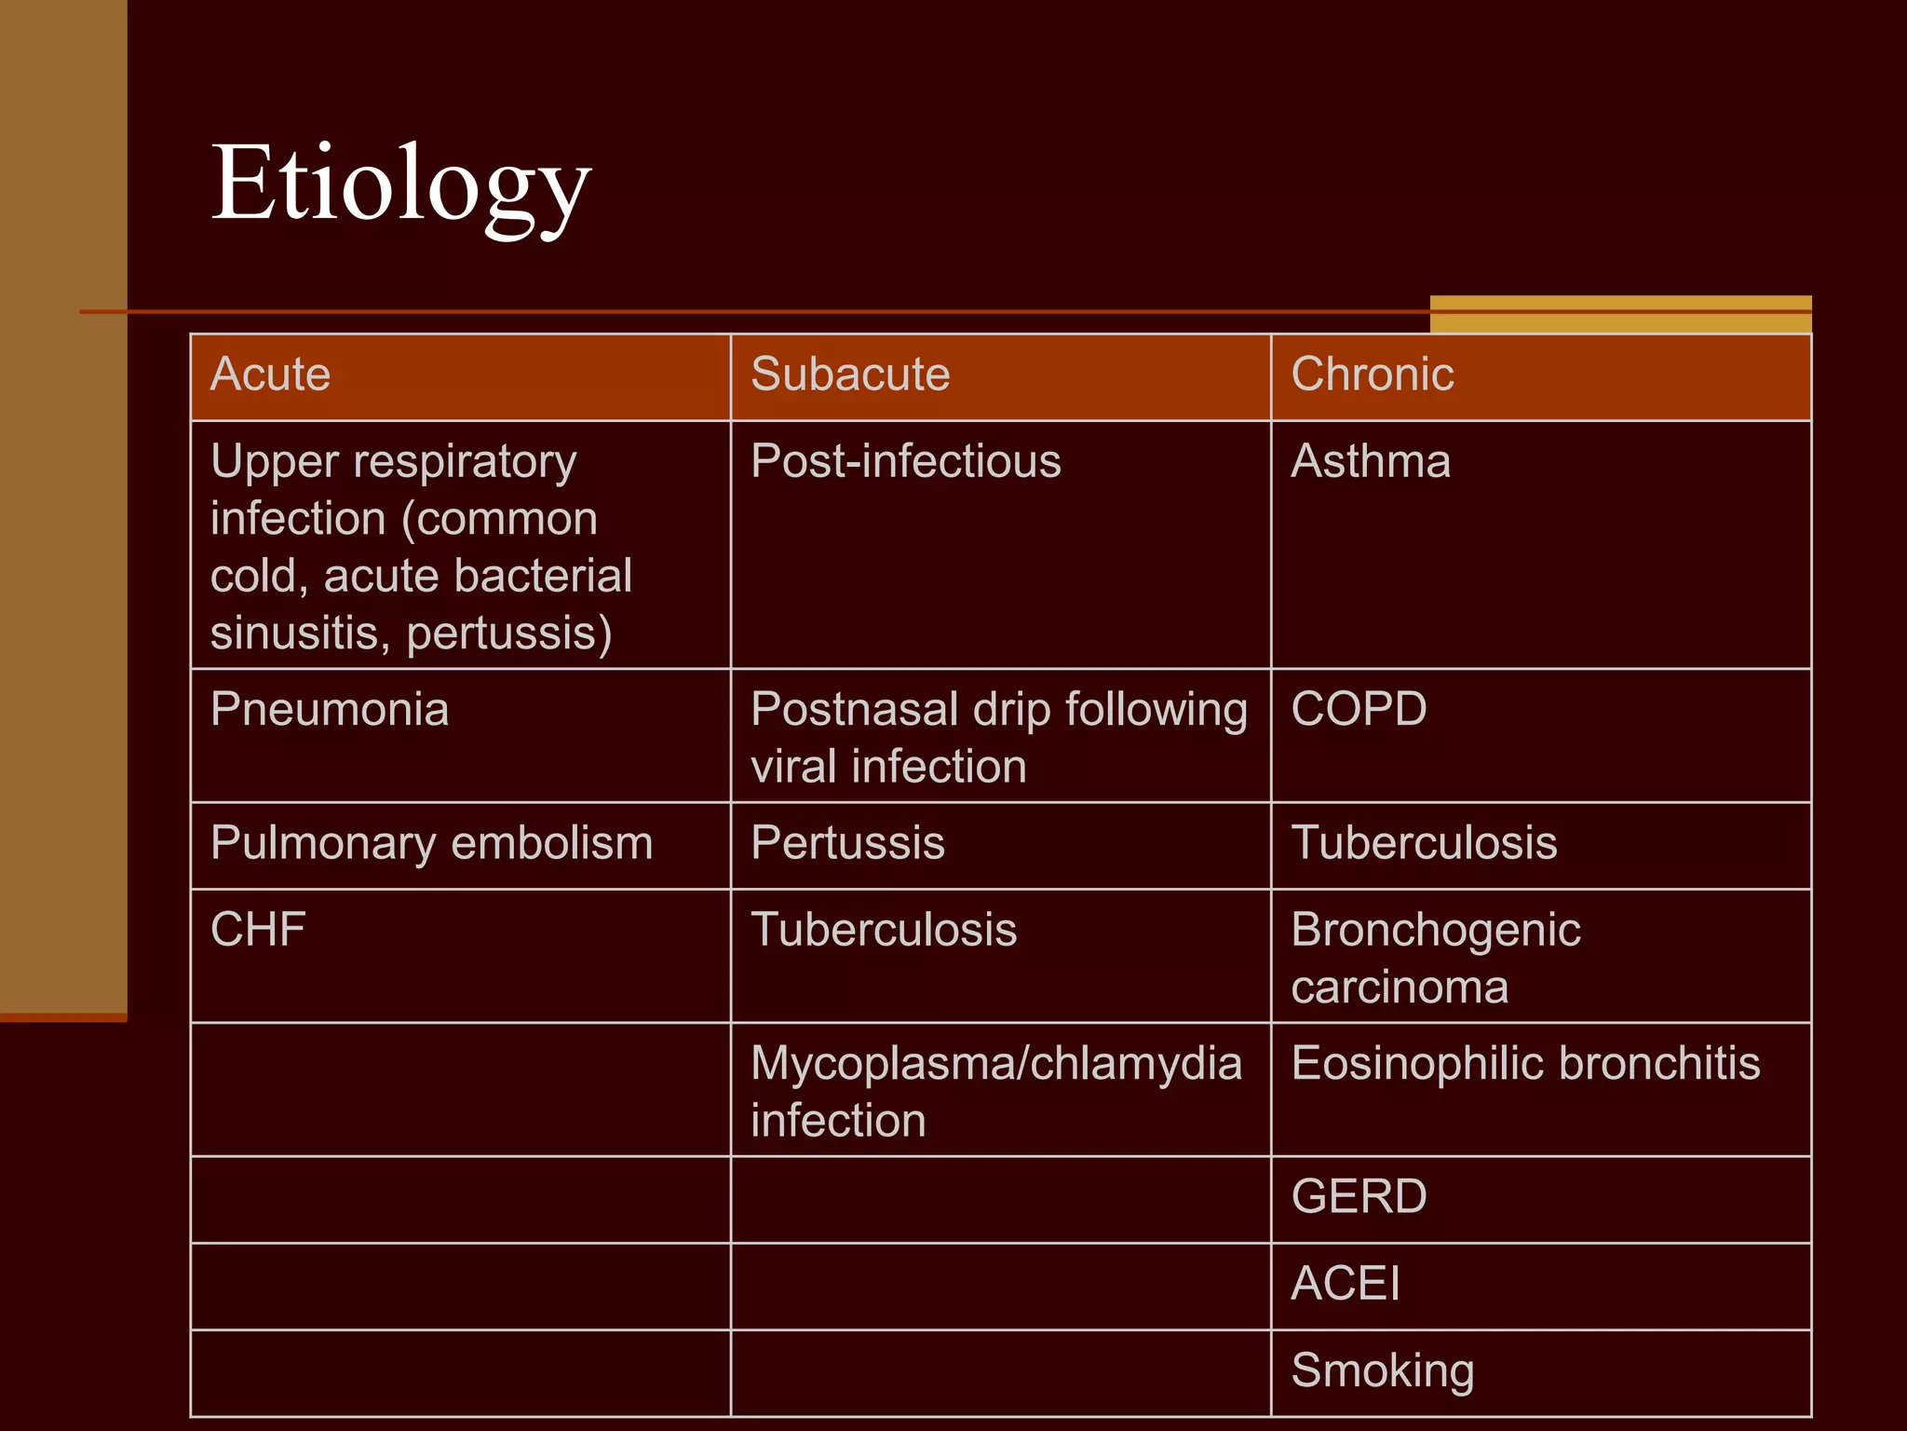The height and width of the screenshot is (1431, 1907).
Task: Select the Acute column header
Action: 270,375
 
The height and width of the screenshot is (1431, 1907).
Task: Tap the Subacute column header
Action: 850,375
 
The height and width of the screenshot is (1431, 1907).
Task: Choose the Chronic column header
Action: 1372,375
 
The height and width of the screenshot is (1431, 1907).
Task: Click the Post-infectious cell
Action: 905,461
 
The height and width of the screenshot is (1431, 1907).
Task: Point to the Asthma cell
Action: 1370,461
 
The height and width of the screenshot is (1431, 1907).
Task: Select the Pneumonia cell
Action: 330,709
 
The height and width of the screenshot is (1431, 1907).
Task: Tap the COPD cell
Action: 1359,709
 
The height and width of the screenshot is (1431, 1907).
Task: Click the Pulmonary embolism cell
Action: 431,843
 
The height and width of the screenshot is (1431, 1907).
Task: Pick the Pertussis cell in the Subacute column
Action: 847,843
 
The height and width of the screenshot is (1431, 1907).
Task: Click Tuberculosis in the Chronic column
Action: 1424,843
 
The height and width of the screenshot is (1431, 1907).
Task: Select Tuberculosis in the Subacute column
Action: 884,930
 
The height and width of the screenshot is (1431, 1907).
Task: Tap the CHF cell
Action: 258,930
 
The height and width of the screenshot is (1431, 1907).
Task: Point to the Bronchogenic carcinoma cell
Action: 1435,958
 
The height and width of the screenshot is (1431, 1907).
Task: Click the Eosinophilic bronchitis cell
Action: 1525,1063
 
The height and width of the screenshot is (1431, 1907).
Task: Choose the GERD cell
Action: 1359,1197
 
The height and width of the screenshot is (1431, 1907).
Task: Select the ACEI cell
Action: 1345,1284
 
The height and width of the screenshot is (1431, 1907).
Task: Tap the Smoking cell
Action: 1382,1370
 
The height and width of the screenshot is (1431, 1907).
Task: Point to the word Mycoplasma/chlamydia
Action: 995,1063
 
